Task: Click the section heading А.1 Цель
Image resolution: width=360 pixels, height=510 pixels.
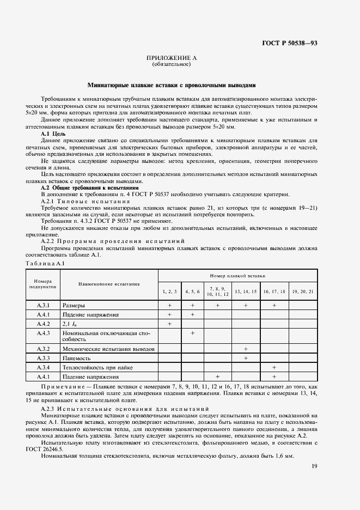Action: pos(54,133)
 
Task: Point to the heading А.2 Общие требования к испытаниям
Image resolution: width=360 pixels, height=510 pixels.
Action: pos(90,187)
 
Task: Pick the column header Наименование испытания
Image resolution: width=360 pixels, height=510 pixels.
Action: pos(109,284)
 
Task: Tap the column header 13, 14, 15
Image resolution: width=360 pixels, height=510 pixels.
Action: pos(246,292)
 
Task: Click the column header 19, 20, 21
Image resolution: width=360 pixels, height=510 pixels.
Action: pos(302,292)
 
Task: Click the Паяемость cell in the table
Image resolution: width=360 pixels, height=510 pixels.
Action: pos(76,358)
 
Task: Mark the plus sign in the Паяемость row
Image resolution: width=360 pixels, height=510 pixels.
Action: pos(246,358)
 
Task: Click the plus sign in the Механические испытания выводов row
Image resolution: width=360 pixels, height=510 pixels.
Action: pos(246,349)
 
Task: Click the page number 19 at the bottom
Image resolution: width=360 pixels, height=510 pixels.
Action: pos(314,466)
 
